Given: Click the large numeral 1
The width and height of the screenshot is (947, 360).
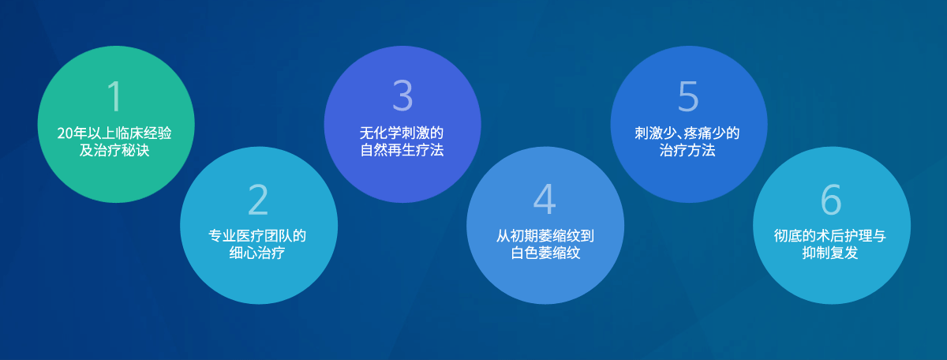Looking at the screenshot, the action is pyautogui.click(x=115, y=96).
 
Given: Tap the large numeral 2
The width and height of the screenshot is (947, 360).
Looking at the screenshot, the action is pyautogui.click(x=258, y=199).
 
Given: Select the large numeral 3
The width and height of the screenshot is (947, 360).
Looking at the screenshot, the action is pyautogui.click(x=402, y=96).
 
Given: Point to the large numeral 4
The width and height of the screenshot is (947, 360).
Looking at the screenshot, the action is pyautogui.click(x=545, y=199).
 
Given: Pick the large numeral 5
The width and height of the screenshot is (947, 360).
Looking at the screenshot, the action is pyautogui.click(x=688, y=96).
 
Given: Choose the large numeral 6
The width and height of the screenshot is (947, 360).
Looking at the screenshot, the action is pyautogui.click(x=831, y=199).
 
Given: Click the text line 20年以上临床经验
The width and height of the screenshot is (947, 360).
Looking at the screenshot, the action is pyautogui.click(x=114, y=133).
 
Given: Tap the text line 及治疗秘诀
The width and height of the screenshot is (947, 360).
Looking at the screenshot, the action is pyautogui.click(x=114, y=150).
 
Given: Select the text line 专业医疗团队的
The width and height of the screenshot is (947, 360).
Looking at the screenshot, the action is pyautogui.click(x=257, y=235).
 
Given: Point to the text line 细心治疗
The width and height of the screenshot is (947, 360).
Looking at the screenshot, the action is pyautogui.click(x=257, y=253).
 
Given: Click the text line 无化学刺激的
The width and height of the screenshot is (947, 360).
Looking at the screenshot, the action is pyautogui.click(x=402, y=133).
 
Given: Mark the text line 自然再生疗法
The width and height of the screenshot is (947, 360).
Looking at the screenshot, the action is pyautogui.click(x=402, y=150).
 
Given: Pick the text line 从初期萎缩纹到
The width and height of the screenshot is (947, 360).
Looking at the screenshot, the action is pyautogui.click(x=545, y=235).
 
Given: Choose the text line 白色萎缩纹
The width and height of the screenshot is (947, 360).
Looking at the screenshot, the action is pyautogui.click(x=545, y=253).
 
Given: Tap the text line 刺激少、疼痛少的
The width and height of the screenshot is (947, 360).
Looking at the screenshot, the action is pyautogui.click(x=687, y=133).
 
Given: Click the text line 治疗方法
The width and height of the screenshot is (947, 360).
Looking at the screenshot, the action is pyautogui.click(x=687, y=150).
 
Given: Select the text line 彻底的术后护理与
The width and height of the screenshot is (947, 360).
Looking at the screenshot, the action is pyautogui.click(x=830, y=235).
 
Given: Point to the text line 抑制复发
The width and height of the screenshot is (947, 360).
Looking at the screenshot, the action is pyautogui.click(x=830, y=253).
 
